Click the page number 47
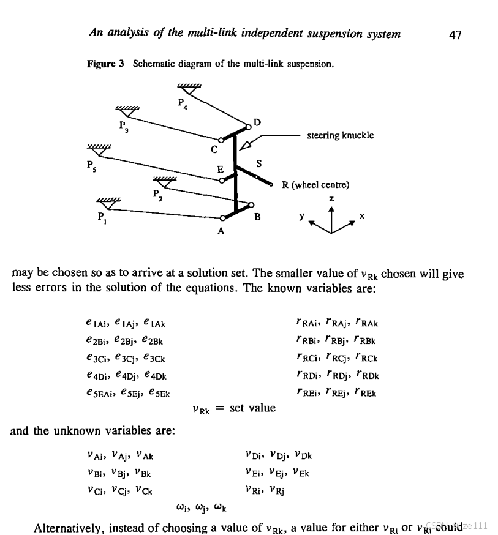click(455, 34)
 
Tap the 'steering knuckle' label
click(340, 135)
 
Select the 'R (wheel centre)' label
click(315, 184)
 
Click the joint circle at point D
click(249, 127)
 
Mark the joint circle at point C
click(221, 141)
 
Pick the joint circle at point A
click(222, 218)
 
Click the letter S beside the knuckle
click(259, 164)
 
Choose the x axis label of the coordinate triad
click(363, 216)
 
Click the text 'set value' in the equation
click(252, 408)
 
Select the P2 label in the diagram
click(156, 195)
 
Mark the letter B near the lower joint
click(258, 216)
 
